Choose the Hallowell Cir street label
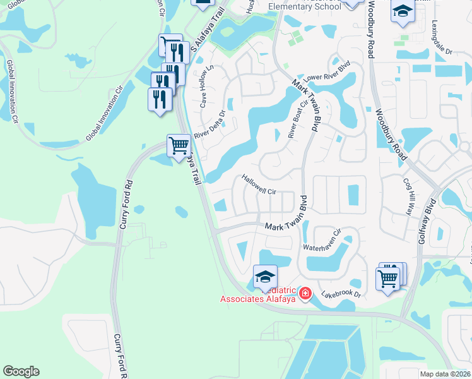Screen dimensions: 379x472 (259, 185)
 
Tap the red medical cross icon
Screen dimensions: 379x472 (305, 294)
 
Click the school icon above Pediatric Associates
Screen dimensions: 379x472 (266, 276)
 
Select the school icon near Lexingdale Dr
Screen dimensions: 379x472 (403, 11)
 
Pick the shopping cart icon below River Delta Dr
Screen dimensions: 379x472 (179, 146)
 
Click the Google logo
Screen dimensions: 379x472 (21, 371)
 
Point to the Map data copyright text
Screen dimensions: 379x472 (445, 374)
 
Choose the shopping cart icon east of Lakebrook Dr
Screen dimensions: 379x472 (387, 277)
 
